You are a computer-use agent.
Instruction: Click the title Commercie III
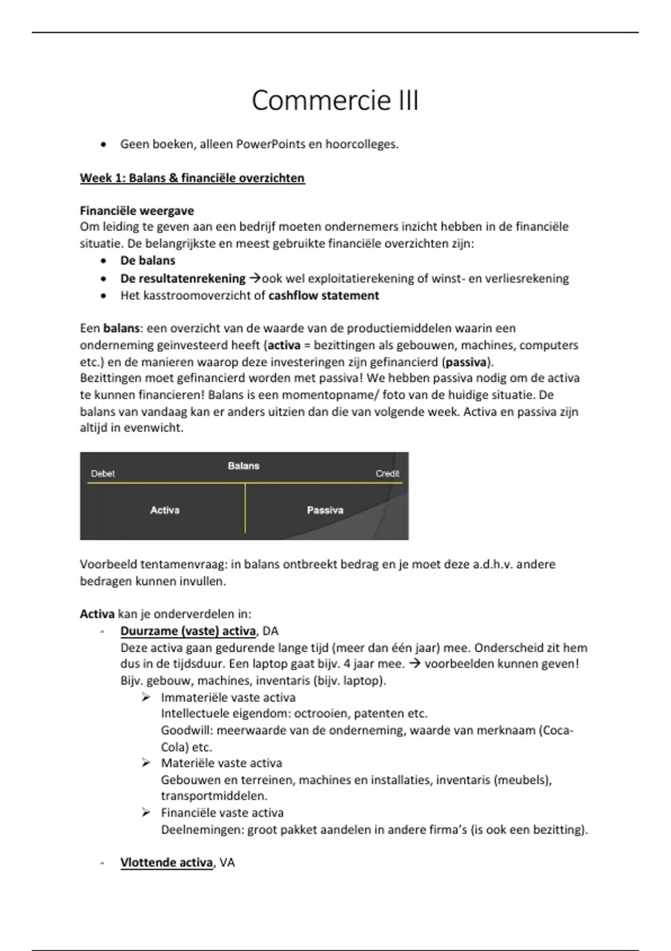tap(335, 101)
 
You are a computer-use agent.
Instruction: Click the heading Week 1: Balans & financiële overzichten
tap(192, 178)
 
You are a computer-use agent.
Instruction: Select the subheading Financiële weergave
tap(137, 211)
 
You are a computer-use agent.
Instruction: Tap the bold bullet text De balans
tap(148, 261)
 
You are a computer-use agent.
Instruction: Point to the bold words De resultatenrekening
tap(183, 279)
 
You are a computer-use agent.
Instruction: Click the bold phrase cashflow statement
tap(324, 295)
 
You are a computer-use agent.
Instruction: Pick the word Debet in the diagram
tap(103, 474)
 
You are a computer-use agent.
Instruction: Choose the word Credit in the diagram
tap(388, 474)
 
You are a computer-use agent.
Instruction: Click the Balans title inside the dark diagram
tap(244, 466)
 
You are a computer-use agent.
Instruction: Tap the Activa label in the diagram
tap(165, 510)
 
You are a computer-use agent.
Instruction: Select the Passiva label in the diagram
tap(325, 510)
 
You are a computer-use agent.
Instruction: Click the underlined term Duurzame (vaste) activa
tap(188, 631)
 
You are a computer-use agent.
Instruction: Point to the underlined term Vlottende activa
tap(166, 863)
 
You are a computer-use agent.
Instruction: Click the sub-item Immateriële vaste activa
tap(228, 698)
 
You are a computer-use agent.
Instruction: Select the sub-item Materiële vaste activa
tap(221, 763)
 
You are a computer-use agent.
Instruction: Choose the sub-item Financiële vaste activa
tap(222, 813)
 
